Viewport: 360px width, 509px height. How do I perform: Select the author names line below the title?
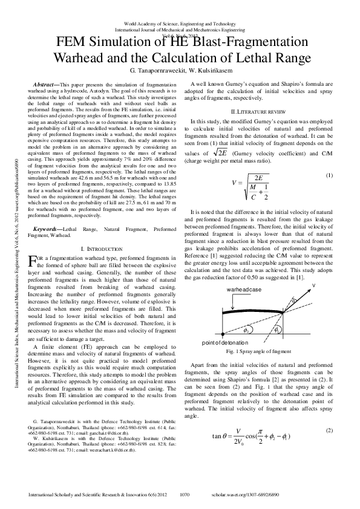180,70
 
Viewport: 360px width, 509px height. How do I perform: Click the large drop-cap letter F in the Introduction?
33,261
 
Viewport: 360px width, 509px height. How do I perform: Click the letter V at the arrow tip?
313,285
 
